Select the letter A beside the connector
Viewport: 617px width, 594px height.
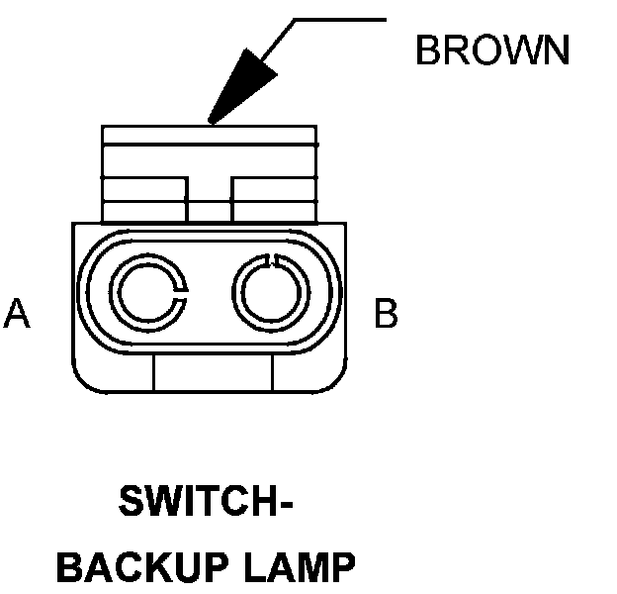click(x=17, y=314)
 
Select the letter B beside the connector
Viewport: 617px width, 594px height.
click(x=386, y=314)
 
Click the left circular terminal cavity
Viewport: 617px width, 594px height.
click(x=148, y=295)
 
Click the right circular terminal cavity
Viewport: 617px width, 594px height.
click(x=269, y=295)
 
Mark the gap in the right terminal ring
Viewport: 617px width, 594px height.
click(x=274, y=259)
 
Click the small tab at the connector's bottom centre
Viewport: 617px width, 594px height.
click(x=213, y=373)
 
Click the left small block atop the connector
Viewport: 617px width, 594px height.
click(x=144, y=199)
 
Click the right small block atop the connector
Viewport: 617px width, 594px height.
click(x=274, y=199)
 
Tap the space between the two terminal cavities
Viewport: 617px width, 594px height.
click(x=209, y=295)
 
